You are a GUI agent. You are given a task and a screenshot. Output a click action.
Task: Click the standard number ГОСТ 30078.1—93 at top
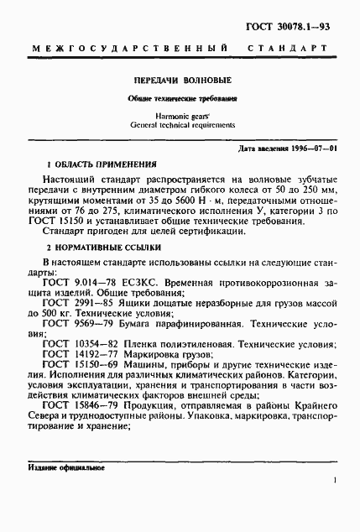coord(301,29)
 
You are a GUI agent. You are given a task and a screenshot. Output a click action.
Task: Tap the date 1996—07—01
coord(312,149)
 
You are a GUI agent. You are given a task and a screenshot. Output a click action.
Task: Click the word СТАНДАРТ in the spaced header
coord(291,52)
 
